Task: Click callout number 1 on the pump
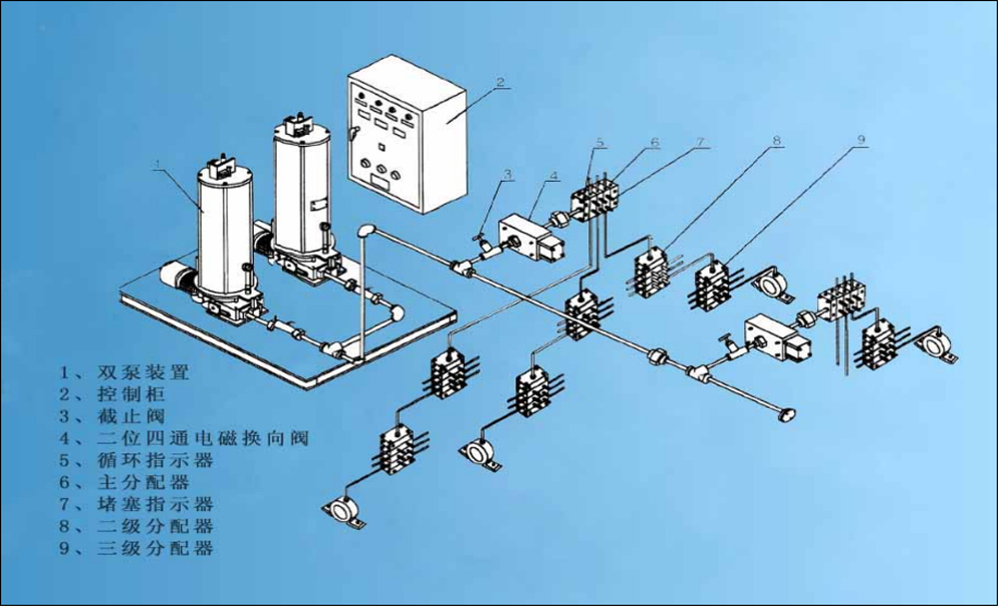point(157,162)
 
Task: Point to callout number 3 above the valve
point(506,174)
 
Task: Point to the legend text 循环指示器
point(155,460)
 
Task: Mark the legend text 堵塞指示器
point(155,504)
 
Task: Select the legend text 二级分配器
point(155,526)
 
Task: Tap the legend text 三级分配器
point(155,548)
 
